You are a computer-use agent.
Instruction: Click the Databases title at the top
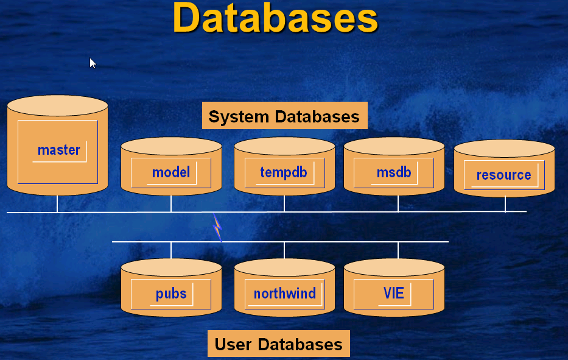(x=275, y=18)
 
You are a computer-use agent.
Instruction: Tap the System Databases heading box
(x=284, y=116)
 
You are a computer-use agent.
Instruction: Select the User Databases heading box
(x=279, y=344)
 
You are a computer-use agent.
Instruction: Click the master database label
(x=58, y=150)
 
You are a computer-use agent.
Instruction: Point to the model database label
(x=171, y=172)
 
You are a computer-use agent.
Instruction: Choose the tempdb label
(x=283, y=172)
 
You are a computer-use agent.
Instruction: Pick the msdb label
(x=394, y=172)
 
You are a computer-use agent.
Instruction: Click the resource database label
(x=503, y=175)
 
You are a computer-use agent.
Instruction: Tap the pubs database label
(x=171, y=294)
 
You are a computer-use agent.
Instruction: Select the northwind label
(x=284, y=294)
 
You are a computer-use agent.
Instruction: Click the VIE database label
(x=394, y=294)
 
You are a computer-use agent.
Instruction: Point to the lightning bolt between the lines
(x=217, y=227)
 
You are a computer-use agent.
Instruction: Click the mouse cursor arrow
(x=93, y=63)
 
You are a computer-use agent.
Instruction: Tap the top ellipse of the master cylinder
(x=57, y=105)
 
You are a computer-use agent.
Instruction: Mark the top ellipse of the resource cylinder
(x=504, y=149)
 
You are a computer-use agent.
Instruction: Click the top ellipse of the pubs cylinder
(x=171, y=267)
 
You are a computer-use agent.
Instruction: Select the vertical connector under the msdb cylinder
(x=398, y=203)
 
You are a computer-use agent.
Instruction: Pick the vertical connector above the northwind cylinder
(x=284, y=250)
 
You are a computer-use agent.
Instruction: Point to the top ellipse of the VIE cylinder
(x=394, y=267)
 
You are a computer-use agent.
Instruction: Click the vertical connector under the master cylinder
(x=57, y=203)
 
